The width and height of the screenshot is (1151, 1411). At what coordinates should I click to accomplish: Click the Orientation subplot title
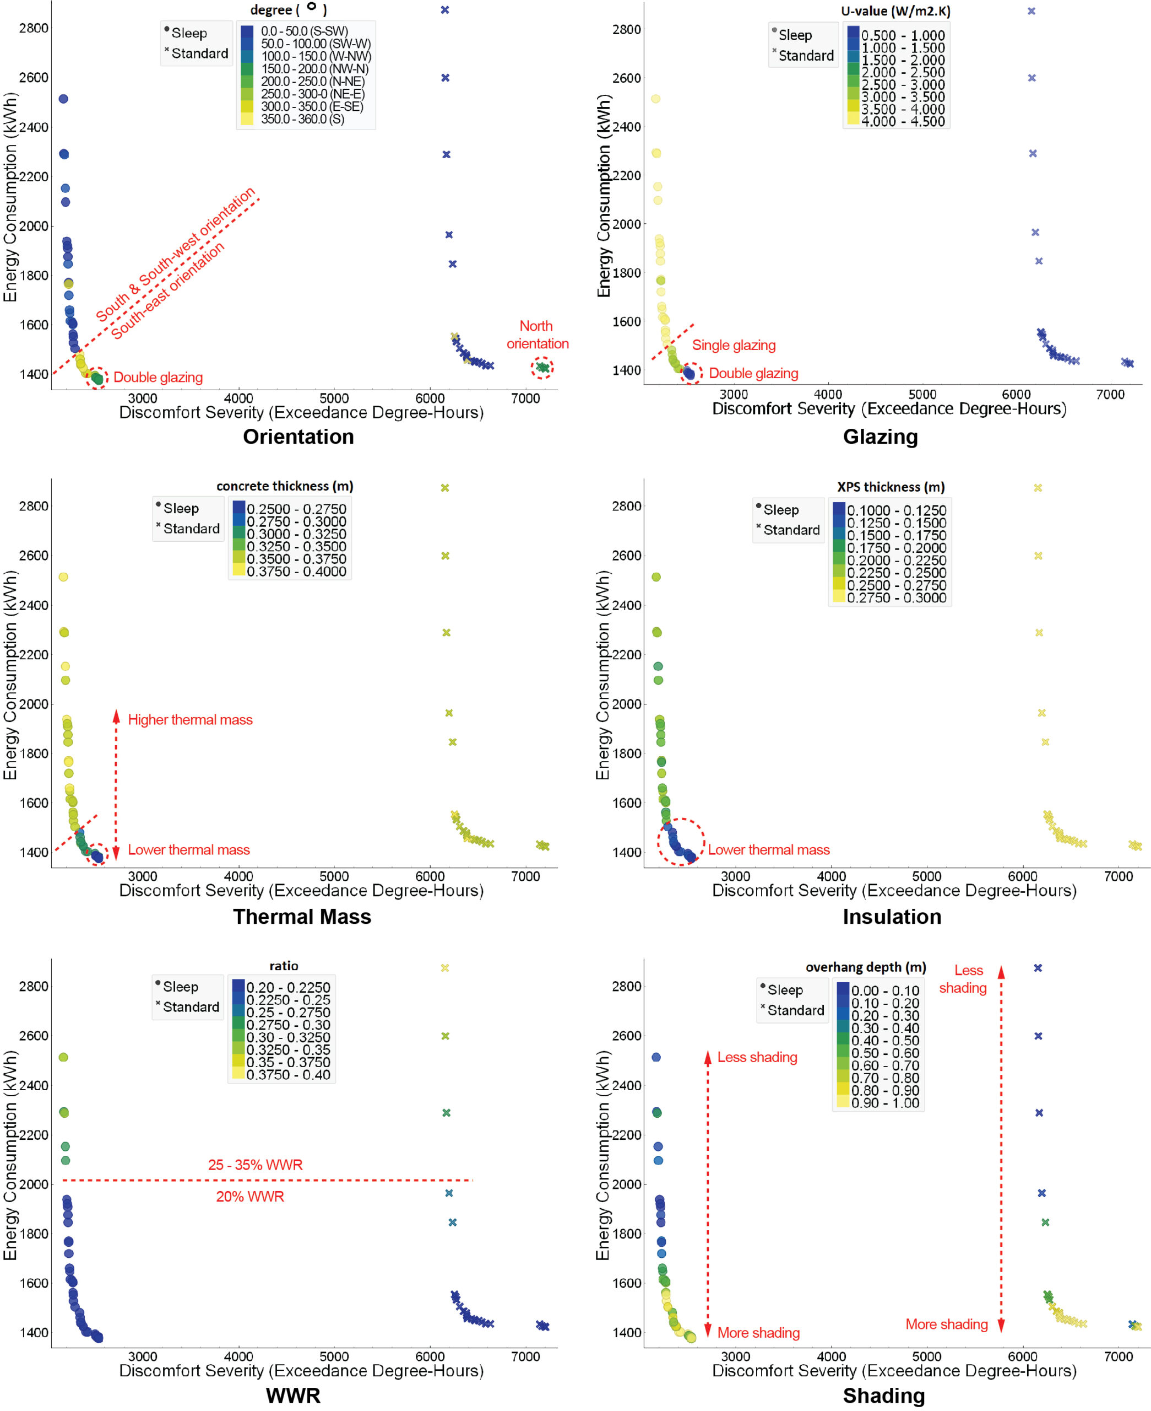298,437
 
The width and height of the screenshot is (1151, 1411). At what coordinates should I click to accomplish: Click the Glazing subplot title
880,437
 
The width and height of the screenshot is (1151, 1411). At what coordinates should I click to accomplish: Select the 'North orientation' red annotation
537,335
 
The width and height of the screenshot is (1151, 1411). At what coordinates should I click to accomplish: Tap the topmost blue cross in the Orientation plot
445,10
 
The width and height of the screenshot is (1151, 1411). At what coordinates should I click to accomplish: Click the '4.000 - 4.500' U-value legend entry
903,121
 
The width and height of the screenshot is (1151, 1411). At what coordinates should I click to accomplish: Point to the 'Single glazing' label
734,345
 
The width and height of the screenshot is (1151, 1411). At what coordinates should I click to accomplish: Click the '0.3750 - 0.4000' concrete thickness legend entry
296,571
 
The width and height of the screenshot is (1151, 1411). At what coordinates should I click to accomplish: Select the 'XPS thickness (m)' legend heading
891,487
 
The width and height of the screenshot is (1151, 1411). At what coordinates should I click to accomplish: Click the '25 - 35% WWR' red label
256,1165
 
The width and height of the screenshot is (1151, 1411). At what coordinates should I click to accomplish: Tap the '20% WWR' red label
250,1197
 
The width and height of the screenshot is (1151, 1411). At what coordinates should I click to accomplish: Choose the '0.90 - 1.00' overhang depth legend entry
884,1102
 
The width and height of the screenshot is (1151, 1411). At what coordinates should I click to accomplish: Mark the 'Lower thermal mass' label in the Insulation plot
768,850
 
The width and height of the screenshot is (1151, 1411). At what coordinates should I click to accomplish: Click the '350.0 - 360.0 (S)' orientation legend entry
302,119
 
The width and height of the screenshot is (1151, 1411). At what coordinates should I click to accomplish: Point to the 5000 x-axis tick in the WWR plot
334,1356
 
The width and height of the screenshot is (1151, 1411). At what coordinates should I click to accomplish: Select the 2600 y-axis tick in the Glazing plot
627,78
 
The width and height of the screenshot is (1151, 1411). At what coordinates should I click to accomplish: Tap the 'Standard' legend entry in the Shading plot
796,1010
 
